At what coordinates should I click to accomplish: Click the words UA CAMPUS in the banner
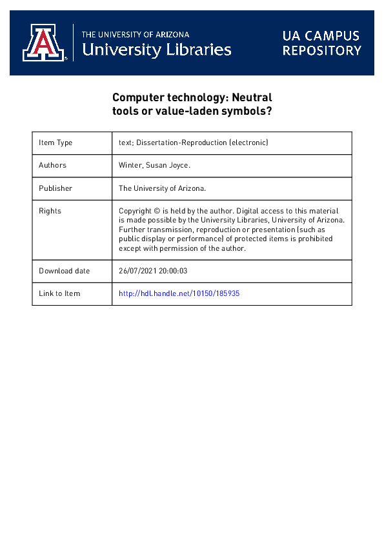click(321, 35)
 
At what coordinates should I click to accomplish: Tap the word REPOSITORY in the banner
click(321, 50)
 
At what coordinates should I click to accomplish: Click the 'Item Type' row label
click(56, 143)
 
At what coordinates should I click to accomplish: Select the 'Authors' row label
click(52, 165)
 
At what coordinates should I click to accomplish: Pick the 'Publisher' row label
click(56, 188)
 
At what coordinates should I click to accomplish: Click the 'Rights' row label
click(50, 211)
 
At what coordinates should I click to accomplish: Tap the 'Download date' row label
click(65, 271)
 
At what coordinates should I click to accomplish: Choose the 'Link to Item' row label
click(59, 293)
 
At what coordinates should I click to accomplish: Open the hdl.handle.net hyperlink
click(179, 293)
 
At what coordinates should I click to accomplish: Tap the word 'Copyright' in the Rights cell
click(137, 211)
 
